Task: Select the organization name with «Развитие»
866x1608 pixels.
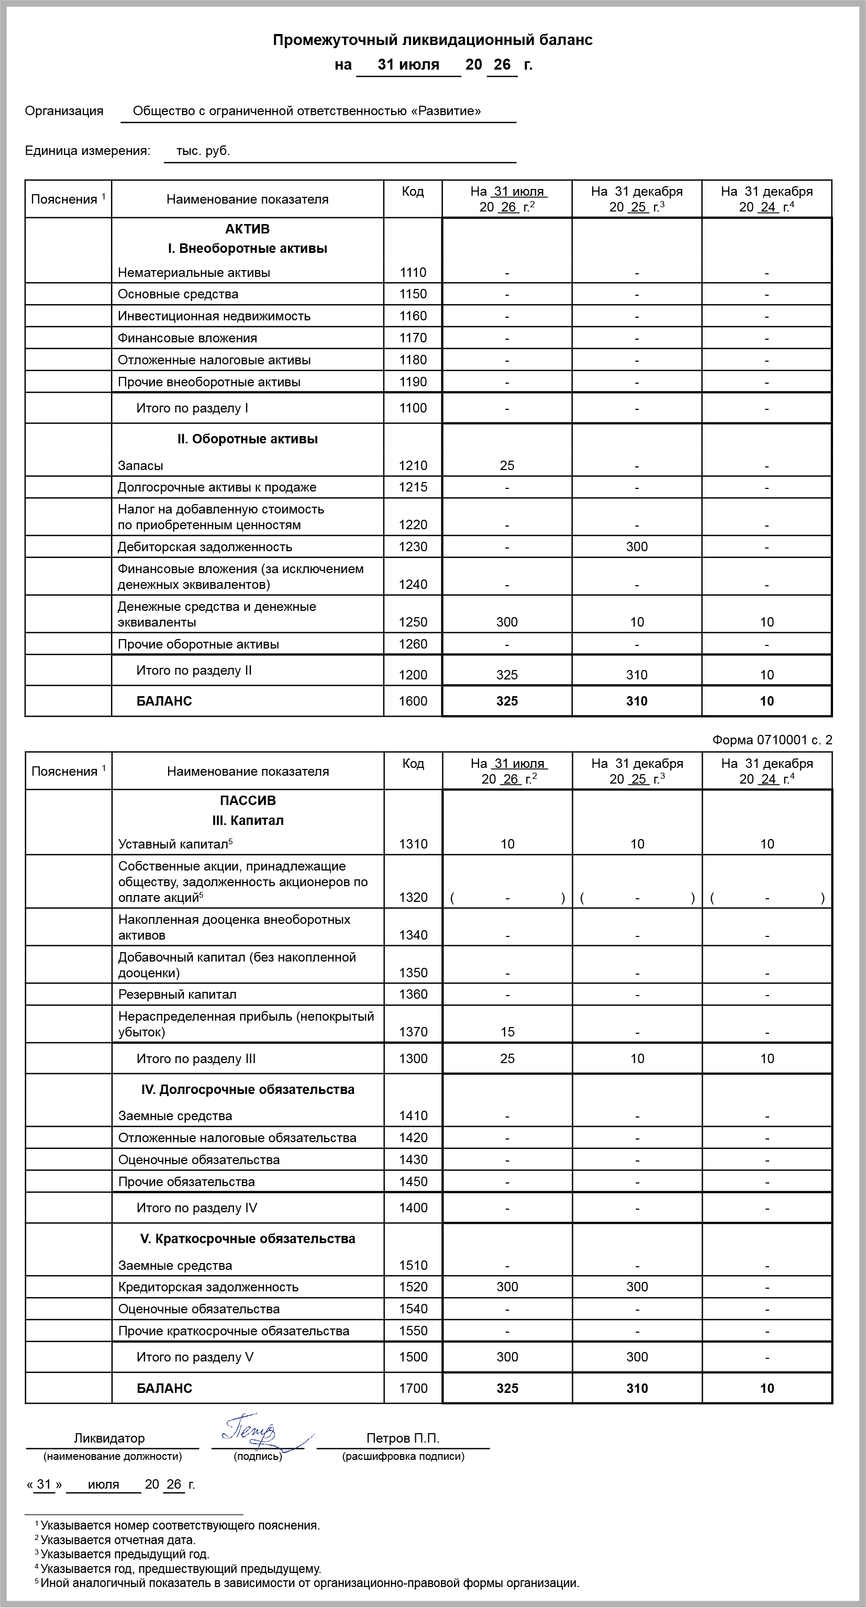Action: pos(307,111)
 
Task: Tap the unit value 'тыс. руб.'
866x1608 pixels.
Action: pos(203,151)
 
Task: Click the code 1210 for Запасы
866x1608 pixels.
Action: pos(413,466)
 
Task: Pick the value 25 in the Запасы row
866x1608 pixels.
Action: pos(507,466)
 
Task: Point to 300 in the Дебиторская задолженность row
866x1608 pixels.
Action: pos(636,547)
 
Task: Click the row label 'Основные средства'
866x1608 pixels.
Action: pos(178,294)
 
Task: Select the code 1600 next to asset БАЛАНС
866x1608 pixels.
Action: pos(413,701)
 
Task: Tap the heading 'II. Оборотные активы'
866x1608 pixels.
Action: pos(247,439)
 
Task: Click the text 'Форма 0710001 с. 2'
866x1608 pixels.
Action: pos(772,740)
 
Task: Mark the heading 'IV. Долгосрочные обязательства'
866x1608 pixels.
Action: pos(247,1089)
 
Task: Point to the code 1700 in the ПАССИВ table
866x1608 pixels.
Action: pos(413,1388)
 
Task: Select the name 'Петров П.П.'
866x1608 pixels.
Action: pos(403,1438)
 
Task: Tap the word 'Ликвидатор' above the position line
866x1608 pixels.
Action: pos(109,1438)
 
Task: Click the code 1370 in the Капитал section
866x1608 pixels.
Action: pos(413,1032)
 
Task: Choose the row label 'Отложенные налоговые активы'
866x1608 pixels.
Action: pos(214,360)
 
